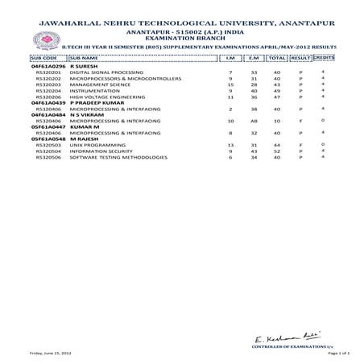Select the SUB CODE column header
pyautogui.click(x=44, y=59)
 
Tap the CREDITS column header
pyautogui.click(x=323, y=59)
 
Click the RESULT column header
pyautogui.click(x=300, y=59)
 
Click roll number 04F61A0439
pyautogui.click(x=49, y=102)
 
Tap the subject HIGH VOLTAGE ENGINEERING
pyautogui.click(x=102, y=97)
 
